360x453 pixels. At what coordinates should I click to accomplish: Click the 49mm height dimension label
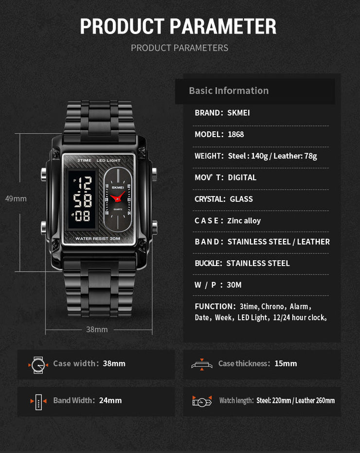tap(16, 199)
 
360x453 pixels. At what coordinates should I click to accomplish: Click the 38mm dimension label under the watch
tap(97, 330)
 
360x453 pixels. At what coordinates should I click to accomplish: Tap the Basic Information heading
tap(229, 90)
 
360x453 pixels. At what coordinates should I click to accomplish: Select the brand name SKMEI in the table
tap(238, 113)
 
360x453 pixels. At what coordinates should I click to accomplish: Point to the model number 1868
tap(236, 134)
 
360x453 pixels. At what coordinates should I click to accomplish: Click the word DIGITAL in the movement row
tap(242, 177)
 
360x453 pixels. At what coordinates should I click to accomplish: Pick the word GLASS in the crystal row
tap(241, 199)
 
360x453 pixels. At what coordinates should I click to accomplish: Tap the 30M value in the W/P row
tap(234, 285)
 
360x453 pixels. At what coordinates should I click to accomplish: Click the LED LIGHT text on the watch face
tap(108, 161)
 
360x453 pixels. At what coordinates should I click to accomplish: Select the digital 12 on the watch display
tap(85, 184)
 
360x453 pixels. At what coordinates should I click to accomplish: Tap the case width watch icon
tap(38, 364)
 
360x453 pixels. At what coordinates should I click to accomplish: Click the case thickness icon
tap(202, 364)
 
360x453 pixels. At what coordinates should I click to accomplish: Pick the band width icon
tap(38, 401)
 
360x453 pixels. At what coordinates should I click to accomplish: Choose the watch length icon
tap(202, 401)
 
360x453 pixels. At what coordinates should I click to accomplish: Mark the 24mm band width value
tap(110, 401)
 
